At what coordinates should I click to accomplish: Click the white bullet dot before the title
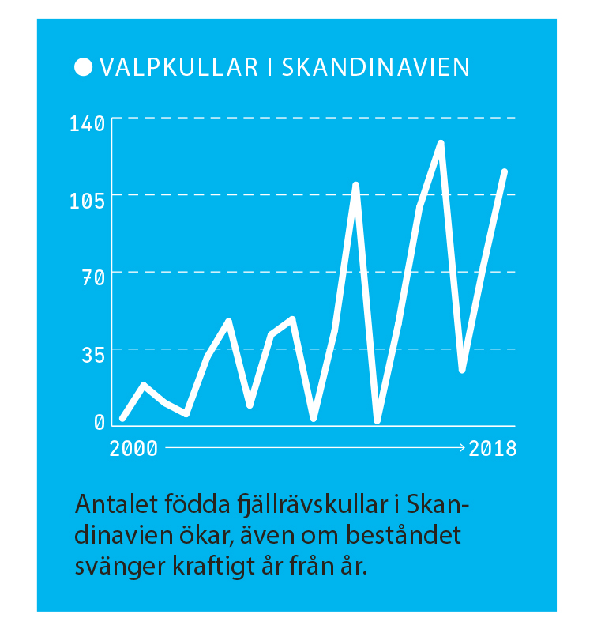click(82, 67)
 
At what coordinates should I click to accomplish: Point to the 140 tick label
click(87, 124)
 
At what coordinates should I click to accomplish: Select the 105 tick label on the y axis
click(87, 201)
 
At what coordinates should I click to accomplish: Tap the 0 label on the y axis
click(100, 423)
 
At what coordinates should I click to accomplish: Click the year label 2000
click(133, 449)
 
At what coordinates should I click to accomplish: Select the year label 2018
click(493, 449)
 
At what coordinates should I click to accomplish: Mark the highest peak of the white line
click(441, 143)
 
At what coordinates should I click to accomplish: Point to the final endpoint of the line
click(504, 171)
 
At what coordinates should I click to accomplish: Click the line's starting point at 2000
click(122, 417)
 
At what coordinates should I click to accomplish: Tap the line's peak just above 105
click(355, 185)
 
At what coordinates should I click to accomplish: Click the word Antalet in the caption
click(108, 504)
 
